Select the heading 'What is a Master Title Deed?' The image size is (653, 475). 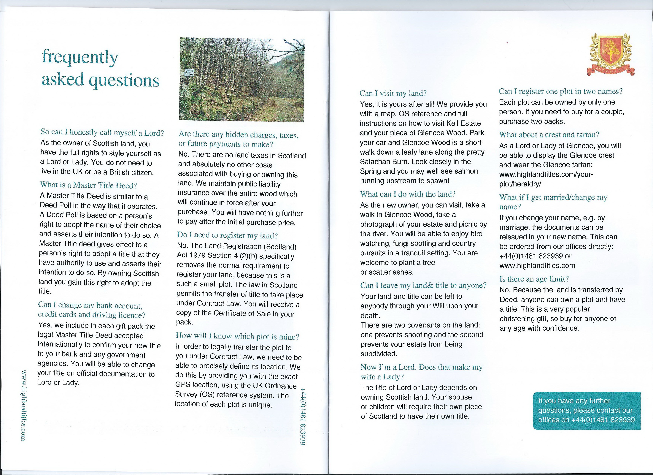click(88, 185)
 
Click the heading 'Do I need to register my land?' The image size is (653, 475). click(227, 235)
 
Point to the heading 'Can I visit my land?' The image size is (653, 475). click(393, 93)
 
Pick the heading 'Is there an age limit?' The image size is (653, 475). click(534, 279)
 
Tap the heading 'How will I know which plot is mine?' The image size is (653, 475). click(238, 336)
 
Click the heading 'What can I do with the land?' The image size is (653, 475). click(408, 194)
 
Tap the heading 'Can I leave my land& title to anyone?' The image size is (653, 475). click(423, 285)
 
